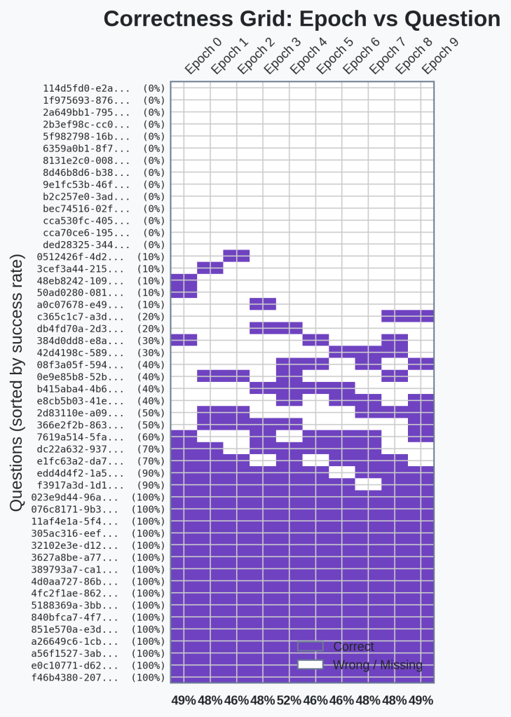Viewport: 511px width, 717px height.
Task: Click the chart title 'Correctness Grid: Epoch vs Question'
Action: pos(301,19)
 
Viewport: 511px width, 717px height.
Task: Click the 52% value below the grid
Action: pos(289,700)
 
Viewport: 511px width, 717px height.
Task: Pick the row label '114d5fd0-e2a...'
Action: pos(86,88)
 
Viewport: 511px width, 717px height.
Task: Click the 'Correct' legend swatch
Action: pos(310,646)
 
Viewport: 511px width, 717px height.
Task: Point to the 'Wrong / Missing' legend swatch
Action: pos(310,664)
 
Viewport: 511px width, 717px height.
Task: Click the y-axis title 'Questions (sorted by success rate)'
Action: pos(18,385)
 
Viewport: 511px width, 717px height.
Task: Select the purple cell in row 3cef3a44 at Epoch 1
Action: pos(210,268)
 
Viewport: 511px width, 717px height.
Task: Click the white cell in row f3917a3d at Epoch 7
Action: pos(368,485)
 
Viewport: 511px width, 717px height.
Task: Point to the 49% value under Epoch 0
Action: pos(184,700)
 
